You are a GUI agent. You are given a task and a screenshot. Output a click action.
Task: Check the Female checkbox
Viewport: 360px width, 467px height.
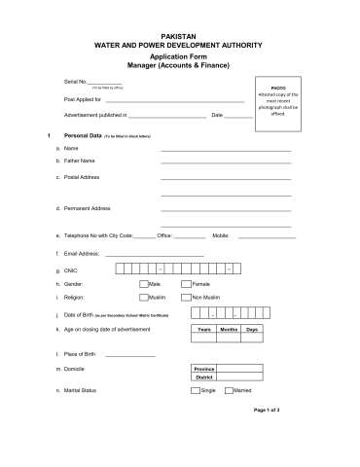click(186, 283)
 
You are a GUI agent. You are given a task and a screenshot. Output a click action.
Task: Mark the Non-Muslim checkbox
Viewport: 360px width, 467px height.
click(186, 296)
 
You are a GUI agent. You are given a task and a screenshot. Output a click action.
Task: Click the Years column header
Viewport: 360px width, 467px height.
click(204, 331)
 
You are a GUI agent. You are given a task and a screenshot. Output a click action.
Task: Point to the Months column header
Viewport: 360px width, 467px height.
click(230, 331)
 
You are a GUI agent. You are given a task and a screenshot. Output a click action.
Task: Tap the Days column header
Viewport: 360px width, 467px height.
click(252, 331)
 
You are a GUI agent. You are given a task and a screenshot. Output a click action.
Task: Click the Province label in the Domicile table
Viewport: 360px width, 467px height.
click(204, 370)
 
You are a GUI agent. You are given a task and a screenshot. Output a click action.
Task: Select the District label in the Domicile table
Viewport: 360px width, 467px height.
click(204, 377)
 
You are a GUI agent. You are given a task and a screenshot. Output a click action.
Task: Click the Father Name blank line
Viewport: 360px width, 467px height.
click(226, 163)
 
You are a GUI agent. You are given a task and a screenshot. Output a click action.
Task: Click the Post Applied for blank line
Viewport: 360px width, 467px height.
click(175, 101)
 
